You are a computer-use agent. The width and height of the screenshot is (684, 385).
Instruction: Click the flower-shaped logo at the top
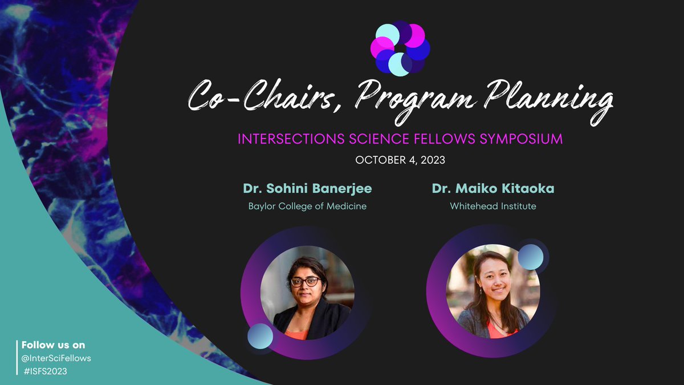(400, 48)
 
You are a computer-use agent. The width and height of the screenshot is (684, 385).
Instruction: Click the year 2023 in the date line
(432, 160)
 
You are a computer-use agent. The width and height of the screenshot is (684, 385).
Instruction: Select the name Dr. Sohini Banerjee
(307, 189)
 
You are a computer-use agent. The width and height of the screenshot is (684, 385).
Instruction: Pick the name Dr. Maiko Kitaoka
(493, 189)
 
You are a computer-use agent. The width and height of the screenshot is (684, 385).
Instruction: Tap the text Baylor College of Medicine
(307, 206)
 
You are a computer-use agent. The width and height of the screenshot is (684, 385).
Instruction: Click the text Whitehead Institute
(493, 206)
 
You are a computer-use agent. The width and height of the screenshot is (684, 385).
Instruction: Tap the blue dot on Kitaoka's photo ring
(531, 257)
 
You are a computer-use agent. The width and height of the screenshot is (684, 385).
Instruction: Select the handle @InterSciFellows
(56, 358)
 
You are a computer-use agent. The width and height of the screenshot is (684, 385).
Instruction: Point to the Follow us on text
(53, 345)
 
